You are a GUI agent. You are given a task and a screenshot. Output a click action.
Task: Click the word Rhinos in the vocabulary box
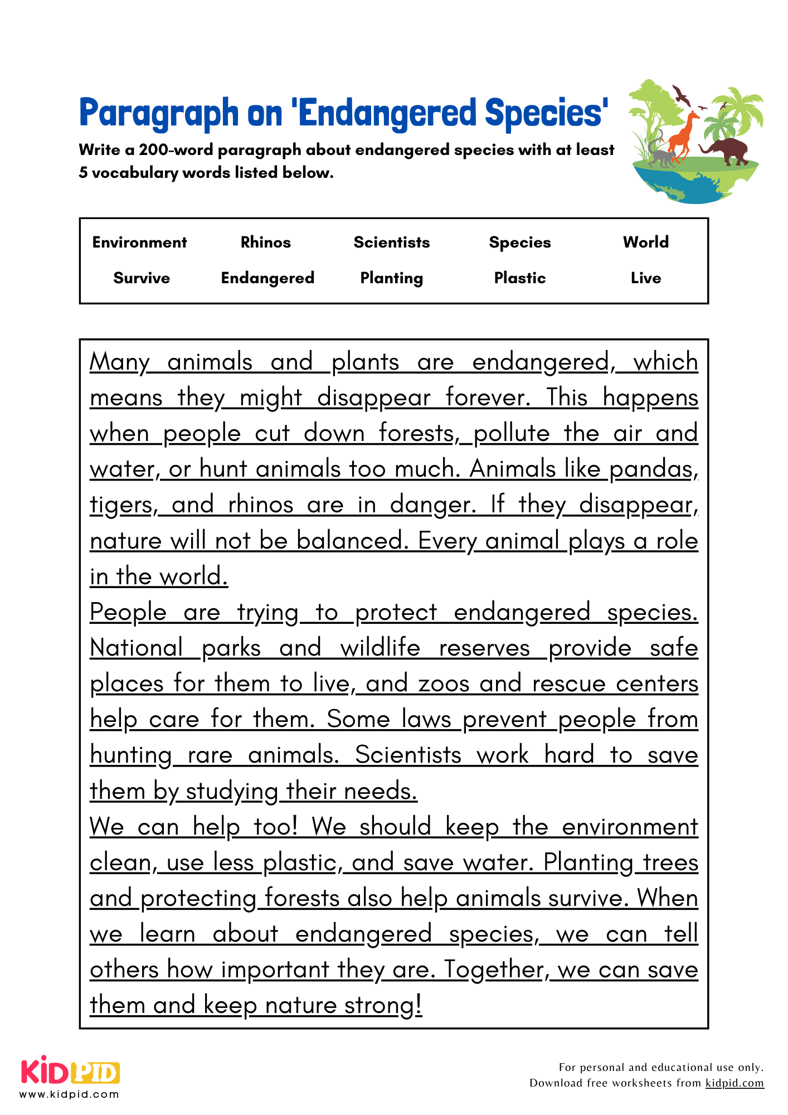265,242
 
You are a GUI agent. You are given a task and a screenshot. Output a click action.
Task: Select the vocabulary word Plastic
519,278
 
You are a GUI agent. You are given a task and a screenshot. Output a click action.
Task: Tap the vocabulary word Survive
142,278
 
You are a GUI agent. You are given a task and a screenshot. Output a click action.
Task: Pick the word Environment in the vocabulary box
139,242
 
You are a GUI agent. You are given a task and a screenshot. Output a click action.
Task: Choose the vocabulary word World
645,242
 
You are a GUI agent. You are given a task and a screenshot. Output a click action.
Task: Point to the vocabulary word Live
645,278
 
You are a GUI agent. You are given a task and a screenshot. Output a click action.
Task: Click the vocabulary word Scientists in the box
391,242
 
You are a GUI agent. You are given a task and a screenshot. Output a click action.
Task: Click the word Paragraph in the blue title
158,113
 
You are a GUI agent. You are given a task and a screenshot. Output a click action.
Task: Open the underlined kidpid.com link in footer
734,1083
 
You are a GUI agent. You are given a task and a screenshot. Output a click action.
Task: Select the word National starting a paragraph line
137,648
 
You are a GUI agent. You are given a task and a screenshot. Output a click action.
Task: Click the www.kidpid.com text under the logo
70,1094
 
